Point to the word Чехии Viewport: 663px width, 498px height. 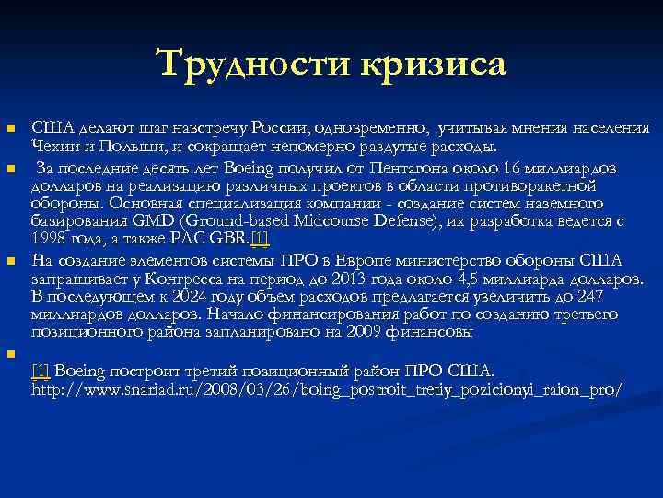pos(52,146)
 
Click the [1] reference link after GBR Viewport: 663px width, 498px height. pos(260,240)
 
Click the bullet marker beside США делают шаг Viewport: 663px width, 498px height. pos(11,127)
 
